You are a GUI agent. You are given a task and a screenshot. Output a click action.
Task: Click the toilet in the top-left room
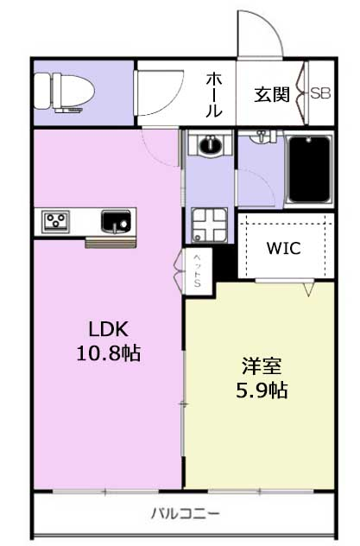coord(65,92)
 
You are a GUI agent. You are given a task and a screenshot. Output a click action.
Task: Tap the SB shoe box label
coord(320,93)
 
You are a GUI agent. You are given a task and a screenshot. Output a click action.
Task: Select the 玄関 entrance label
coord(272,94)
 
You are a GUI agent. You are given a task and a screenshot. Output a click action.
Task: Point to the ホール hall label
coord(214,95)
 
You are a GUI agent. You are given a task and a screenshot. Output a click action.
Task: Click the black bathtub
coord(309,169)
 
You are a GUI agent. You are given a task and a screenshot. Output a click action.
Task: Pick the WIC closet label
coord(283,248)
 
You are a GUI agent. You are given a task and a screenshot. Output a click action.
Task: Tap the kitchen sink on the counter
coord(116,221)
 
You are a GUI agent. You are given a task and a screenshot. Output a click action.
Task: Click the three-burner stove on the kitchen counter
coord(55,222)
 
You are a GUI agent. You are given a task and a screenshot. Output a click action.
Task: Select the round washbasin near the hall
coord(210,145)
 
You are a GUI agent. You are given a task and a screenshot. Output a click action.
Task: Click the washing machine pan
coord(210,225)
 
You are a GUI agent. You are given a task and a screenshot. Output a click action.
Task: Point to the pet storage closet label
coord(198,270)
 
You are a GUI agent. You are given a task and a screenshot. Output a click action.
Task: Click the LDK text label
coord(109,328)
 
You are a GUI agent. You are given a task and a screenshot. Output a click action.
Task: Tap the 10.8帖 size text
coord(109,352)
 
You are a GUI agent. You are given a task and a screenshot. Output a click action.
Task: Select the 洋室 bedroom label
coord(262,366)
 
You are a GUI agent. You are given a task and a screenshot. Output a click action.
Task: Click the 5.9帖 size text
coord(262,390)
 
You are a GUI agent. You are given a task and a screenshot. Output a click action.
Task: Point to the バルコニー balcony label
coord(186,514)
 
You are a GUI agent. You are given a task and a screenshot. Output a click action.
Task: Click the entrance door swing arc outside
coord(268,24)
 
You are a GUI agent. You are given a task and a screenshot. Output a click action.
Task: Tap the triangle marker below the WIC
coord(308,289)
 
